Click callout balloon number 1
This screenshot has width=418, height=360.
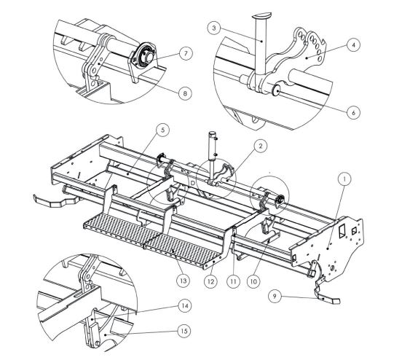click(344, 179)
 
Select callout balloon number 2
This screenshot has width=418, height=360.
click(260, 146)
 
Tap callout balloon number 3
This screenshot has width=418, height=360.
click(214, 28)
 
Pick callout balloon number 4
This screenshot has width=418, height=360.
click(353, 45)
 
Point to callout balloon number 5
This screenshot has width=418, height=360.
click(162, 130)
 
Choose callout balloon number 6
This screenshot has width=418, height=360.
click(353, 112)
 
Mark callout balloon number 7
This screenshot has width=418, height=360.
click(186, 53)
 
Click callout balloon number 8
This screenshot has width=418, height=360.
click(185, 93)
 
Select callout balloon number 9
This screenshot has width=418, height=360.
click(275, 296)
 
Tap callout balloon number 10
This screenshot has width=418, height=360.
click(253, 281)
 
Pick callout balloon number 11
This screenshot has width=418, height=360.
click(234, 281)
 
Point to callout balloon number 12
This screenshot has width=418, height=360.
click(210, 281)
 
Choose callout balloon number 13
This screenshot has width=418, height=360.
click(183, 281)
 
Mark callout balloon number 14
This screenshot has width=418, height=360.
click(185, 305)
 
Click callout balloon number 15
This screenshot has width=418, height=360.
click(184, 331)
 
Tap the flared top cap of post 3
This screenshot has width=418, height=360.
click(261, 15)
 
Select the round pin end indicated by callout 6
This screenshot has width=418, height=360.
click(275, 90)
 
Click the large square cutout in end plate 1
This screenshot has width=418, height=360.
click(342, 231)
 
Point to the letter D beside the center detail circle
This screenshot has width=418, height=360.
click(192, 184)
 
